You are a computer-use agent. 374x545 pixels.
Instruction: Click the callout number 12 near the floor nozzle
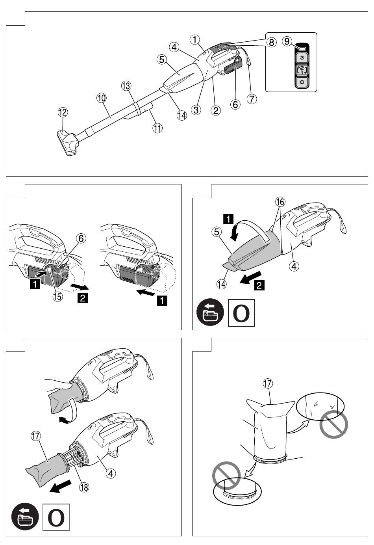(63, 112)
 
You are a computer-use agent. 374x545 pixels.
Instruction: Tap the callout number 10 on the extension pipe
(101, 98)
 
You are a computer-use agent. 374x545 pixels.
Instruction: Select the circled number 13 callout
(126, 86)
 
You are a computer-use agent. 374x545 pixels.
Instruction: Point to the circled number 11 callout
(157, 128)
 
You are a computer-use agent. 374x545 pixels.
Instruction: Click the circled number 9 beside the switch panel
(287, 41)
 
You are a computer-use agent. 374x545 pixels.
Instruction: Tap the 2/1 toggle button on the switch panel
(302, 70)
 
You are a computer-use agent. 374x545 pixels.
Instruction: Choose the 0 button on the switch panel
(302, 82)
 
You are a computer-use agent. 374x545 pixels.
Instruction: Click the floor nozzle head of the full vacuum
(68, 143)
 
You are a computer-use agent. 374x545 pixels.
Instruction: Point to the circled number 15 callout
(57, 296)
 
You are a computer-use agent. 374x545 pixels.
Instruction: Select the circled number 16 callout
(280, 202)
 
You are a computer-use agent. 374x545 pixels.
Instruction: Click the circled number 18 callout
(84, 487)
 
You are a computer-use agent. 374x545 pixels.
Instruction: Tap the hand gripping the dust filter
(58, 385)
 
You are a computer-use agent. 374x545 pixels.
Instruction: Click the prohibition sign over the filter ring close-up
(226, 476)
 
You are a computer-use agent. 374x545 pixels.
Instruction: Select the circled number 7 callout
(252, 99)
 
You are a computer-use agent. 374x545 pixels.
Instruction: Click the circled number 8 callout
(272, 42)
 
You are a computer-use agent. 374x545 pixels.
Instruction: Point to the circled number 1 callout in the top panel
(194, 39)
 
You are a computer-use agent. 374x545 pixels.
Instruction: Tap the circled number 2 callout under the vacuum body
(216, 110)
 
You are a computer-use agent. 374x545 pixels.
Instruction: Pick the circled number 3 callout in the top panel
(196, 110)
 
